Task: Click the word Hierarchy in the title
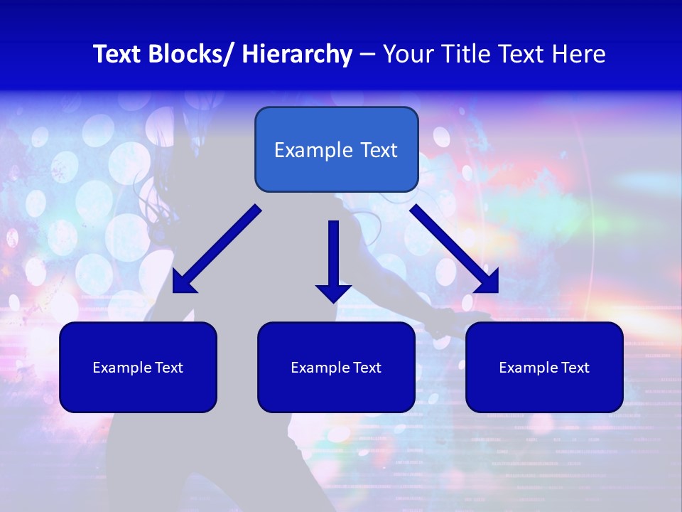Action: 297,55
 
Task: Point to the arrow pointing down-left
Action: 217,249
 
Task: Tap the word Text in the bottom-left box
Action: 169,368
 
